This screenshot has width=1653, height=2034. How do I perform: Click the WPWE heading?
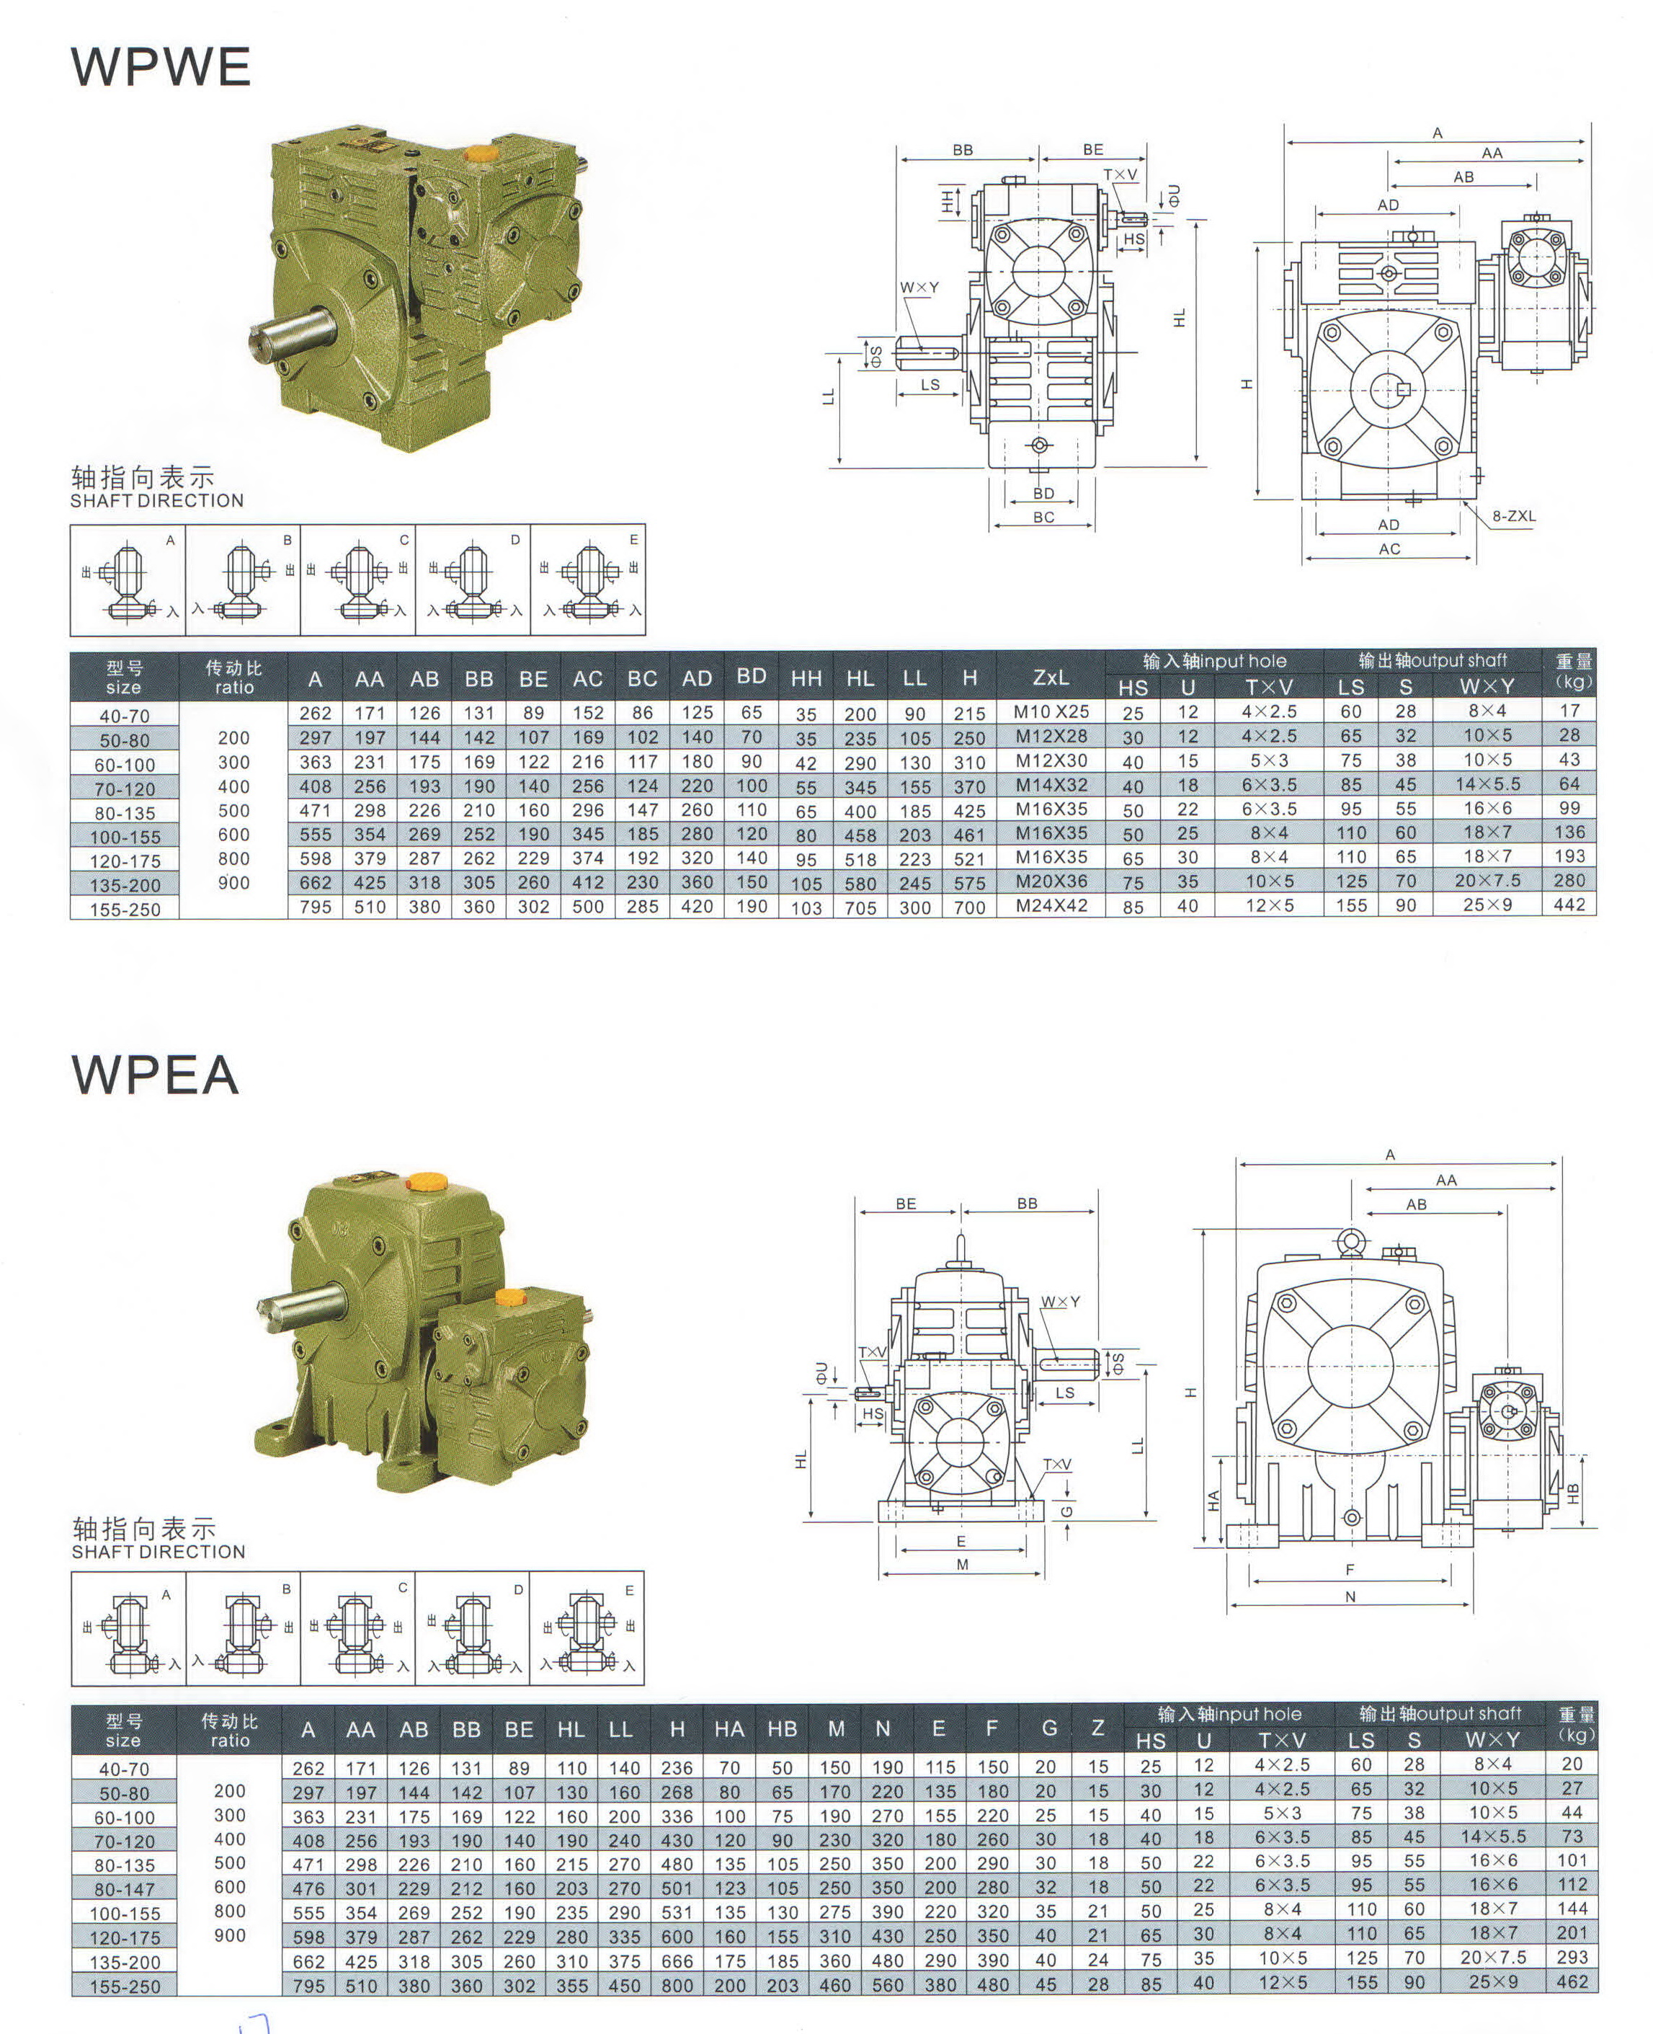coord(161,66)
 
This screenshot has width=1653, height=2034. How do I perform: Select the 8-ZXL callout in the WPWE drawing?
coord(1514,516)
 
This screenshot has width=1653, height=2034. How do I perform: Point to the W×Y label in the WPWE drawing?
coord(919,288)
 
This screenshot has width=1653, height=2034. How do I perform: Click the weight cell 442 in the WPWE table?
coord(1569,905)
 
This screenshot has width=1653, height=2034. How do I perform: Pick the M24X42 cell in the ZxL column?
coord(1051,905)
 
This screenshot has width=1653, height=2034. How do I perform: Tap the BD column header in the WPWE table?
coord(752,676)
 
